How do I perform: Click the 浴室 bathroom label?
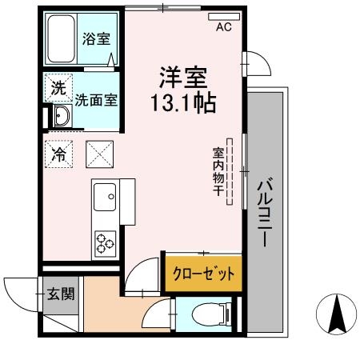[x=97, y=38]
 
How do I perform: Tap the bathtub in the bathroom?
[x=61, y=41]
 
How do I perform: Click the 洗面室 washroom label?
[x=97, y=101]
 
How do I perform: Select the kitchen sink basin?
[x=104, y=196]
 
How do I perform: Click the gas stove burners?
[x=106, y=241]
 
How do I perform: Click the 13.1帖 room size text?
[x=183, y=105]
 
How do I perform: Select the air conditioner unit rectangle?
[x=223, y=15]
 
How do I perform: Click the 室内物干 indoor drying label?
[x=217, y=171]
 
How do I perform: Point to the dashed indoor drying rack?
[x=230, y=171]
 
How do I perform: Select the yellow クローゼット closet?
[x=204, y=273]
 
